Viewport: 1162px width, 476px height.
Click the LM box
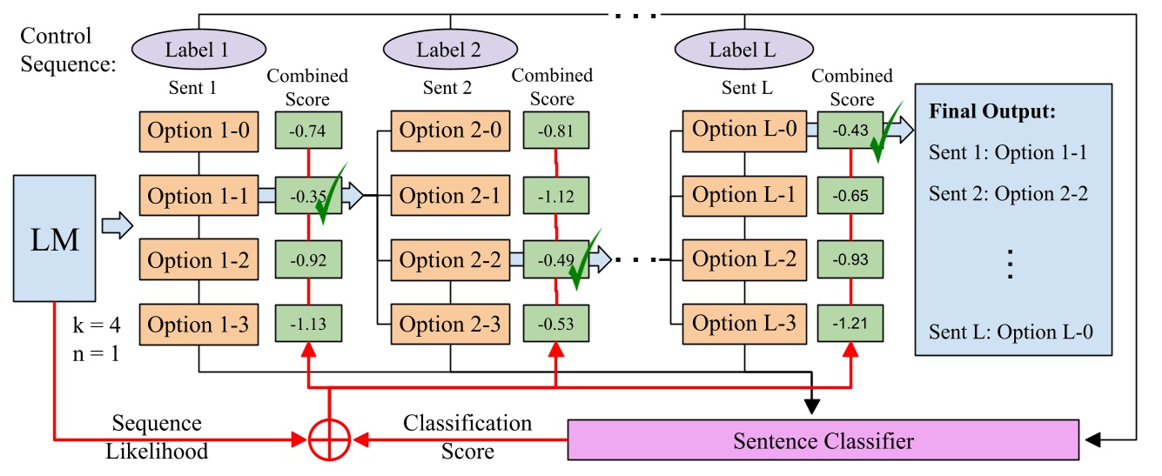coord(54,238)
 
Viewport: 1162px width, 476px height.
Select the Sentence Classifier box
coord(823,440)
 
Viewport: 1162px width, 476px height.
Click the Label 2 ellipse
coord(448,50)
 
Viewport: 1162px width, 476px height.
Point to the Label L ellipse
coord(742,50)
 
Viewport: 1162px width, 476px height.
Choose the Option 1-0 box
coord(198,131)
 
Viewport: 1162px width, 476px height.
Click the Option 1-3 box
coord(198,325)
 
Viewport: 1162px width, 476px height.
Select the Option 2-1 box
coord(450,197)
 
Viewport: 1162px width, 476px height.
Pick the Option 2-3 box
coord(450,325)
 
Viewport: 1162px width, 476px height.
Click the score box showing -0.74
coord(309,131)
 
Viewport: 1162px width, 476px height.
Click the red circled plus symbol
coord(330,440)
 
